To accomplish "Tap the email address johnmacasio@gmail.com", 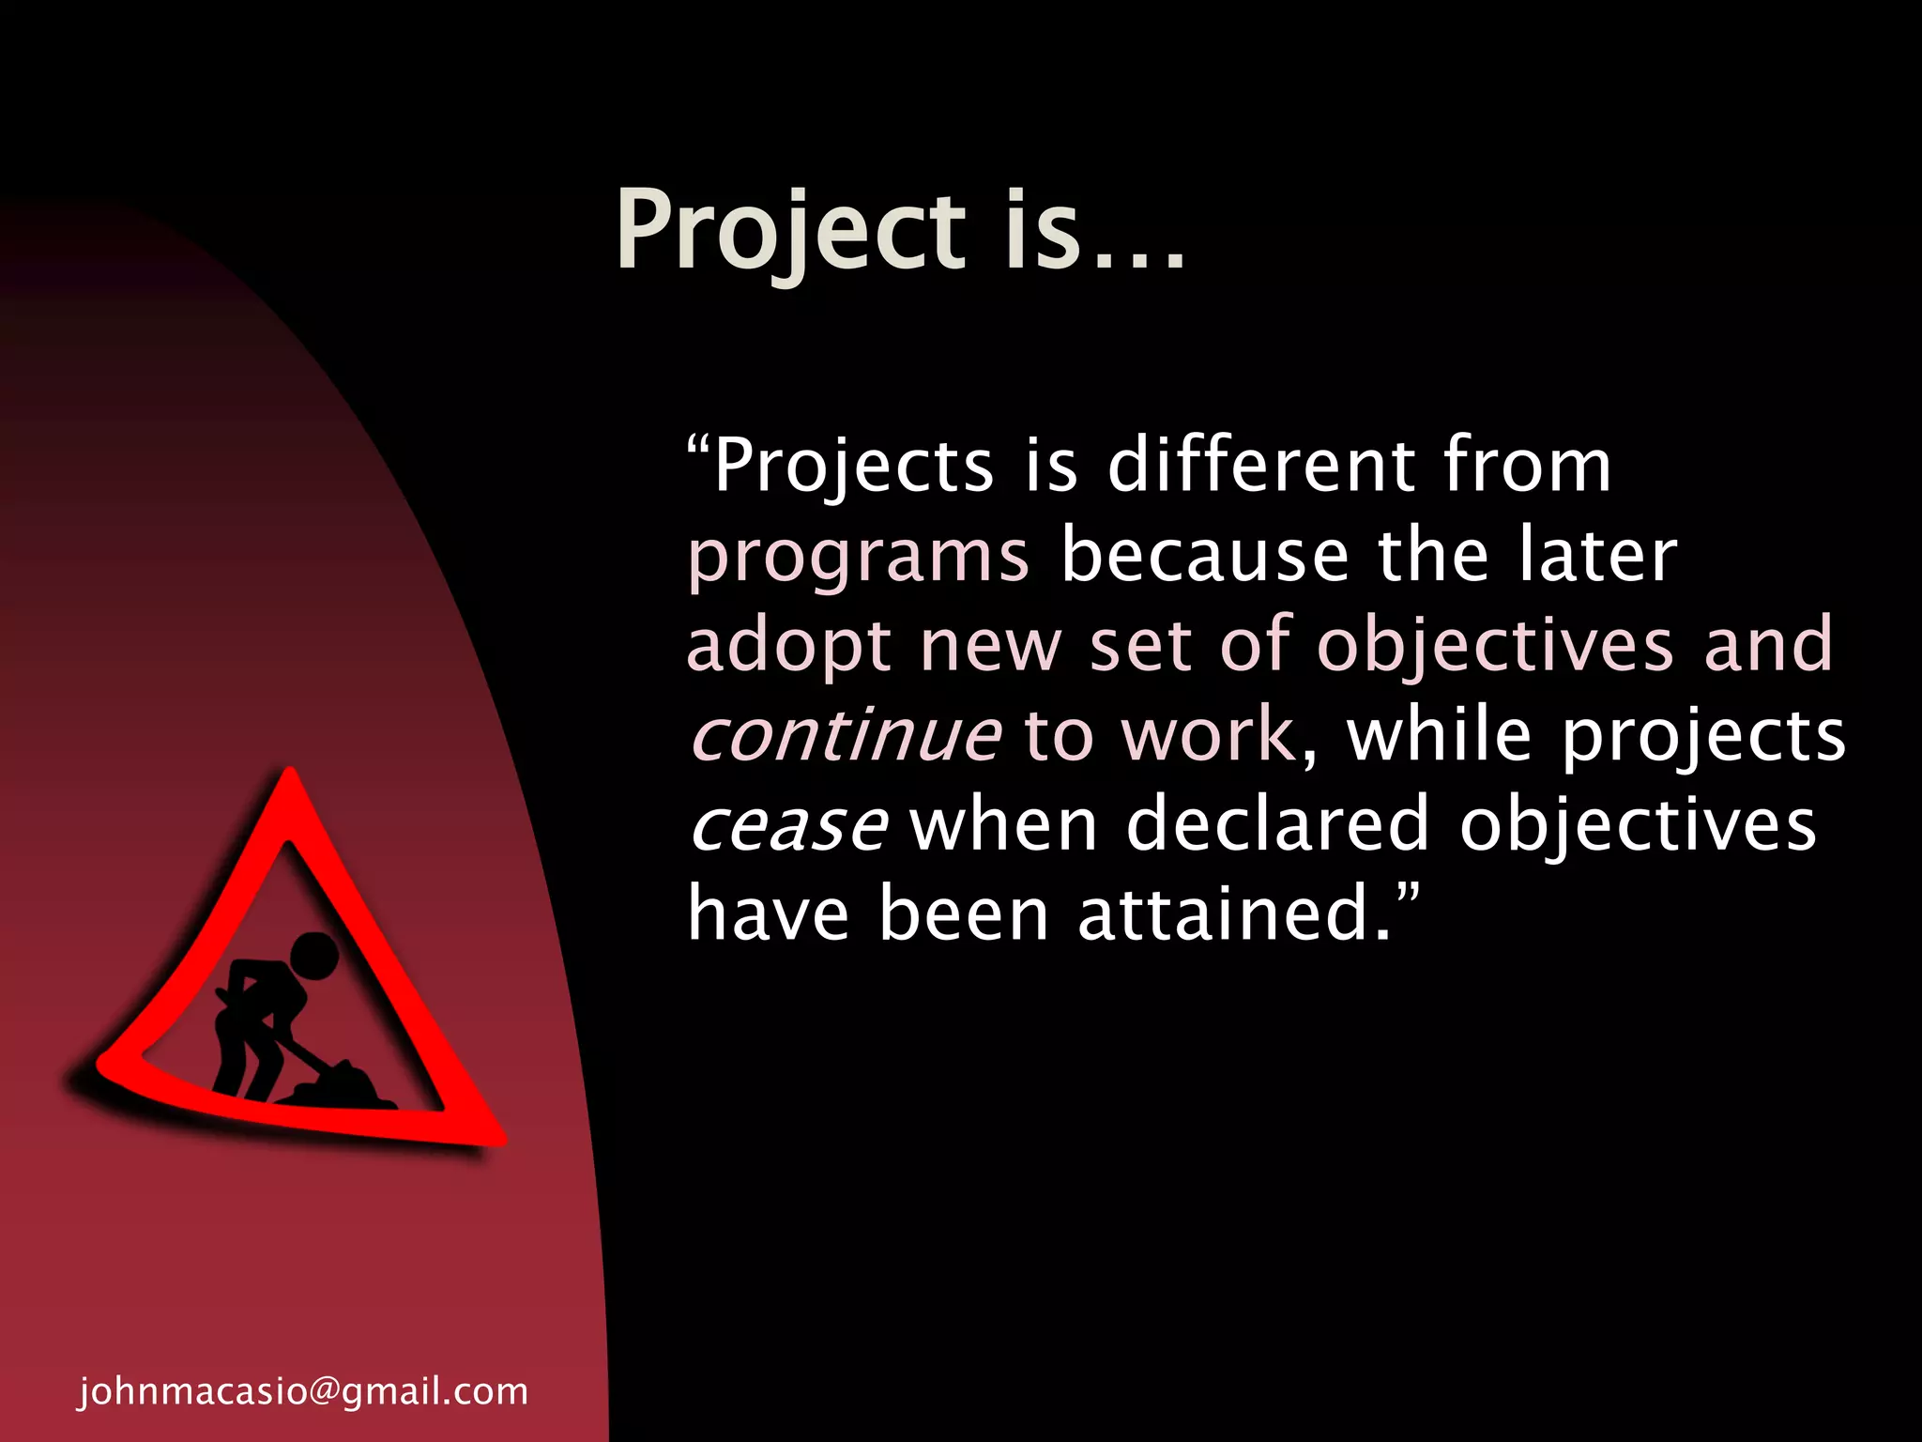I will coord(303,1390).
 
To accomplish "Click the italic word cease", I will coord(788,824).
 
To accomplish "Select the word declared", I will coord(1277,823).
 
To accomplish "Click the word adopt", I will coord(788,647).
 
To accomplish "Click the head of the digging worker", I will coord(313,957).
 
